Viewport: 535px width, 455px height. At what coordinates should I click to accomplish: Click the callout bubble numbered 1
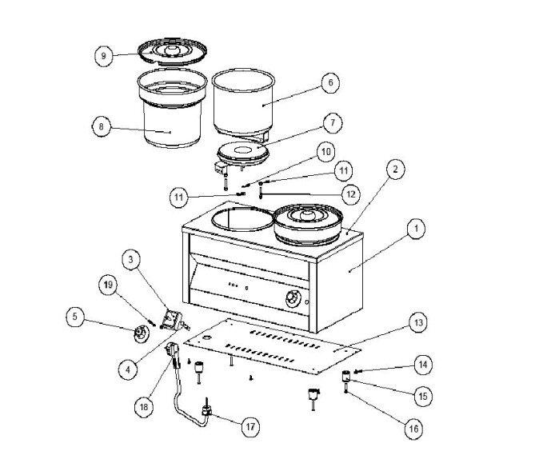[413, 230]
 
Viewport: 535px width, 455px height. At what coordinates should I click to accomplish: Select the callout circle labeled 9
[102, 55]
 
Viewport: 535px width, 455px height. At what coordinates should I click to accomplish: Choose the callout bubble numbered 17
[251, 426]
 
